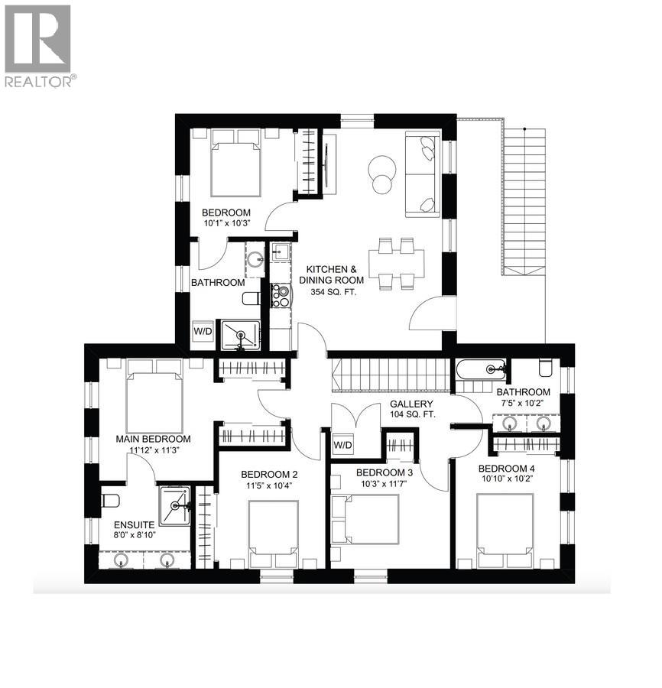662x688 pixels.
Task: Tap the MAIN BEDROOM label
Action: [x=153, y=440]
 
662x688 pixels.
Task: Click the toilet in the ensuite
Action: [x=110, y=501]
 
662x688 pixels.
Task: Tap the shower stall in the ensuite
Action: [x=177, y=505]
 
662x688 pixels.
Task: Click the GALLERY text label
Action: [x=411, y=404]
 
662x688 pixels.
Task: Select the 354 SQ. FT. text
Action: [x=332, y=292]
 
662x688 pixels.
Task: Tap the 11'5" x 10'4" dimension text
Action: [x=268, y=485]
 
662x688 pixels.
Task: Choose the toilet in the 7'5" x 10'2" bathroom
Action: [x=546, y=368]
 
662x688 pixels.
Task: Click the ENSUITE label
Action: [x=135, y=525]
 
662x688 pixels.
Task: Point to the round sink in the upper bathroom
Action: [x=254, y=258]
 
